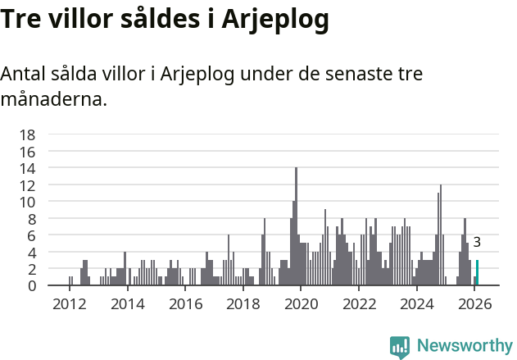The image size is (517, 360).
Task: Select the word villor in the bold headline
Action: coord(84,19)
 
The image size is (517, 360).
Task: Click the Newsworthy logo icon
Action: coord(400,346)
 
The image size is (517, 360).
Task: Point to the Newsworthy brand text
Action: coord(464,346)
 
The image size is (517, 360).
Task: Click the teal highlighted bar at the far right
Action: coord(478,272)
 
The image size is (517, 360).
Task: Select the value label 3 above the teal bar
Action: coord(477,243)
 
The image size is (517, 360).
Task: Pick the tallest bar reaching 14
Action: coord(296,226)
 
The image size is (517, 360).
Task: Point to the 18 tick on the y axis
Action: coord(27,134)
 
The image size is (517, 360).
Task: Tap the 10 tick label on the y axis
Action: coord(27,202)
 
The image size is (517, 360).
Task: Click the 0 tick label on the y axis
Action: coord(31,285)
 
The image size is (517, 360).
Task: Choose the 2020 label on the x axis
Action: coord(301,304)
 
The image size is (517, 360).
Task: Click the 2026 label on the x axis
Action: coord(474,304)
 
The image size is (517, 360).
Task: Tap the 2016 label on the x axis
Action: coord(185,304)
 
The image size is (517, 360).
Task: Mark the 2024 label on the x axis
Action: coord(416,304)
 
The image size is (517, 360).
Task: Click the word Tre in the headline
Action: coord(22,19)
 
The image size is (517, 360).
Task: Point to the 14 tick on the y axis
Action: coord(27,168)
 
